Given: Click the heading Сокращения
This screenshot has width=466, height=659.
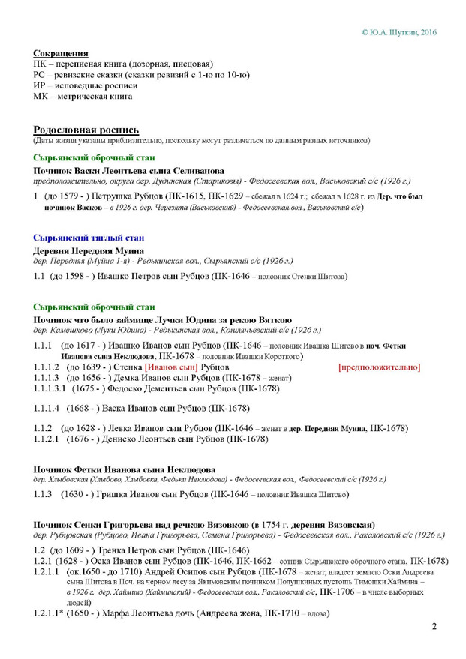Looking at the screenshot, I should pyautogui.click(x=60, y=54).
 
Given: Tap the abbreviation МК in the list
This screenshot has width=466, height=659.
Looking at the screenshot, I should pyautogui.click(x=41, y=96).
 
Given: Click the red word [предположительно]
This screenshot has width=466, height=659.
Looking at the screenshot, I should pyautogui.click(x=379, y=367).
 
